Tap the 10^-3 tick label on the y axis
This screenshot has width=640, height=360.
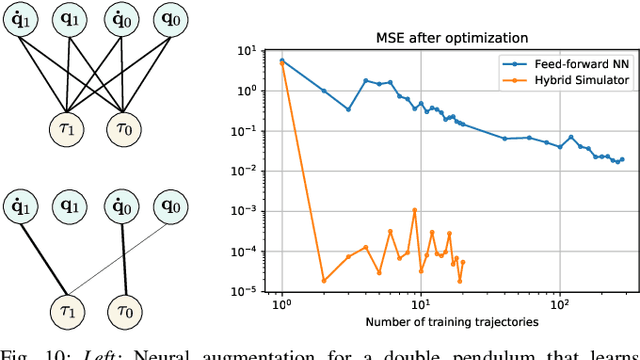pyautogui.click(x=247, y=211)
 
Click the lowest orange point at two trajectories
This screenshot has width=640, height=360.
pyautogui.click(x=324, y=280)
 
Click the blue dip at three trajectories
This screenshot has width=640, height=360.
pyautogui.click(x=348, y=109)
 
